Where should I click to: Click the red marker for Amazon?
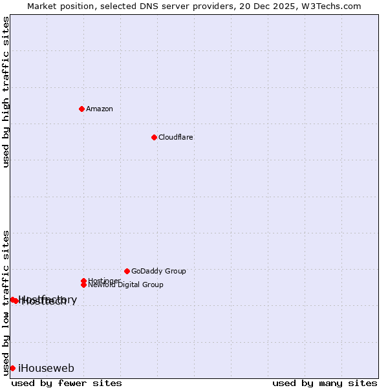pos(81,109)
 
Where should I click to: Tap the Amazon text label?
pos(100,109)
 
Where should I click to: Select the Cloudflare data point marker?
pos(154,137)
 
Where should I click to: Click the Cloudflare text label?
pos(176,137)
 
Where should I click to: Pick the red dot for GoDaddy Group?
pos(127,271)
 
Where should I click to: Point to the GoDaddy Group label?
pos(158,271)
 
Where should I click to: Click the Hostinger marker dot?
pos(83,281)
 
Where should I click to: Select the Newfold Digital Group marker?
pos(83,285)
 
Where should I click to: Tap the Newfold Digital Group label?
pos(126,285)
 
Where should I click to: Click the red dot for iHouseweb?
pos(12,368)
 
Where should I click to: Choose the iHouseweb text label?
pos(46,369)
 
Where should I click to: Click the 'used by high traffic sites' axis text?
pos(6,92)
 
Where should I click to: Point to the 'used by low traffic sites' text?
pos(6,302)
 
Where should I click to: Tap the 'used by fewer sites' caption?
pos(67,383)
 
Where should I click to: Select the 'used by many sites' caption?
pos(325,383)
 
